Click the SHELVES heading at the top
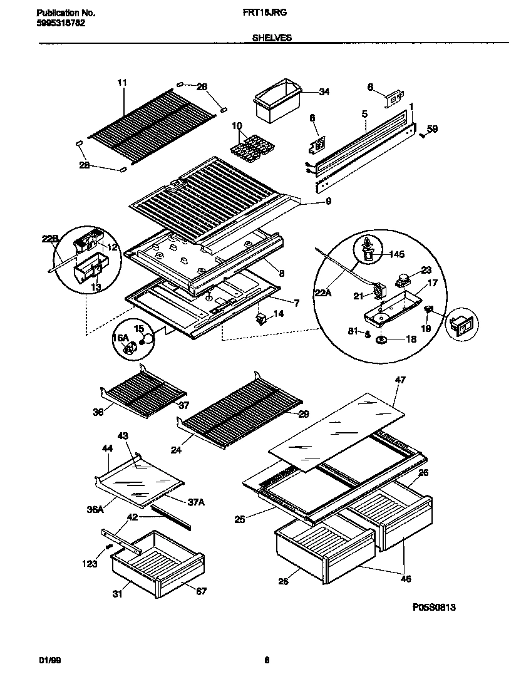[x=272, y=38]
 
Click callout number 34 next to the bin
[x=324, y=92]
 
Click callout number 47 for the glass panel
[x=400, y=380]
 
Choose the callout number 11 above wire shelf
[x=121, y=82]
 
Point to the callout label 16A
[x=120, y=338]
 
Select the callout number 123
[x=90, y=564]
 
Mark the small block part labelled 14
[x=261, y=319]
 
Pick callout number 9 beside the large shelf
[x=328, y=201]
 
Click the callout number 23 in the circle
[x=426, y=271]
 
